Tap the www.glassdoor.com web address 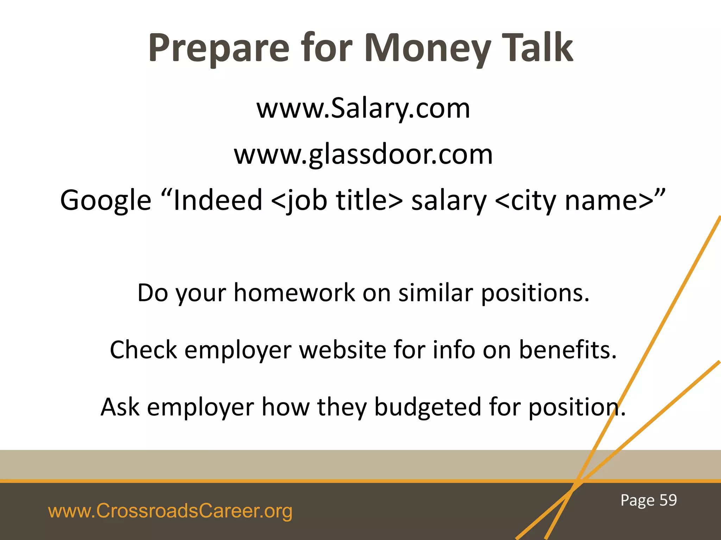pyautogui.click(x=363, y=154)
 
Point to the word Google pyautogui.click(x=106, y=200)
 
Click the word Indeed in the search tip pyautogui.click(x=218, y=200)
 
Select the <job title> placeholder pyautogui.click(x=337, y=200)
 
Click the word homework pyautogui.click(x=294, y=292)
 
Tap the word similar pyautogui.click(x=435, y=292)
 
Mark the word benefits pyautogui.click(x=568, y=350)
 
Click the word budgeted pyautogui.click(x=427, y=407)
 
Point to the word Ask pyautogui.click(x=120, y=407)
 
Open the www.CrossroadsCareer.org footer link pyautogui.click(x=170, y=511)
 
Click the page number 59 pyautogui.click(x=668, y=500)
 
